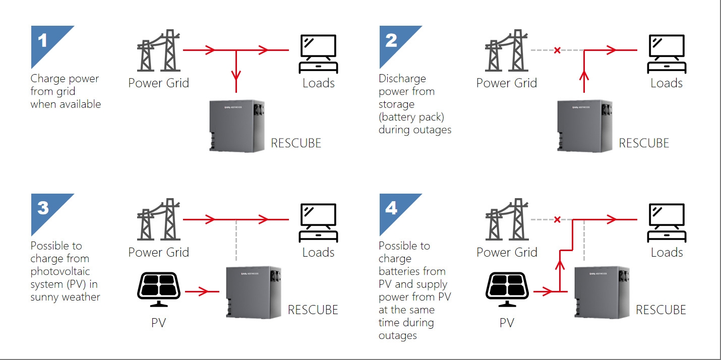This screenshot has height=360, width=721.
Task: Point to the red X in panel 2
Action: point(557,50)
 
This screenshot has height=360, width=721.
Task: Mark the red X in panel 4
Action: point(557,219)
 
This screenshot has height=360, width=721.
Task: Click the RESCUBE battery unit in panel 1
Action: point(237,126)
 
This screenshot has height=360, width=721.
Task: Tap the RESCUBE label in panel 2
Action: point(644,143)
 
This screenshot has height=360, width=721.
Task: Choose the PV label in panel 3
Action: point(159,323)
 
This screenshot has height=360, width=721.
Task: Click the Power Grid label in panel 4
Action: point(507,252)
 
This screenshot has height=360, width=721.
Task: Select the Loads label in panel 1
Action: point(319,83)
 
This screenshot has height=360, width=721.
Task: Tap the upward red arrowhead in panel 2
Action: point(584,76)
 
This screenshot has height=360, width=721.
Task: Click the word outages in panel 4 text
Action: point(398,336)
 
